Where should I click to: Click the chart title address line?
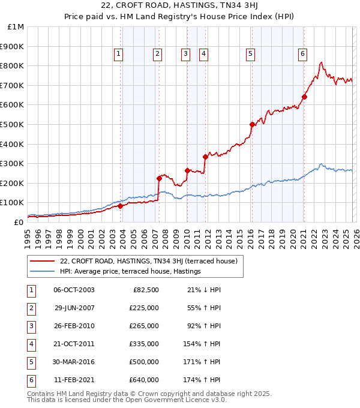pyautogui.click(x=180, y=7)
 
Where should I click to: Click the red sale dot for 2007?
pyautogui.click(x=159, y=178)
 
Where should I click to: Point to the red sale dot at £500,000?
pyautogui.click(x=252, y=124)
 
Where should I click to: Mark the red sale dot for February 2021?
pyautogui.click(x=304, y=97)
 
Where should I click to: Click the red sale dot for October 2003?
pyautogui.click(x=120, y=206)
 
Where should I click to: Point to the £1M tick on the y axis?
pyautogui.click(x=16, y=27)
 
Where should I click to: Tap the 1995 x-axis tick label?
pyautogui.click(x=28, y=234)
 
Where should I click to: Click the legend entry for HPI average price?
pyautogui.click(x=130, y=272)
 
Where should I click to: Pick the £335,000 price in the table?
pyautogui.click(x=143, y=344)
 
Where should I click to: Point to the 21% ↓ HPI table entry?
pyautogui.click(x=205, y=290)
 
